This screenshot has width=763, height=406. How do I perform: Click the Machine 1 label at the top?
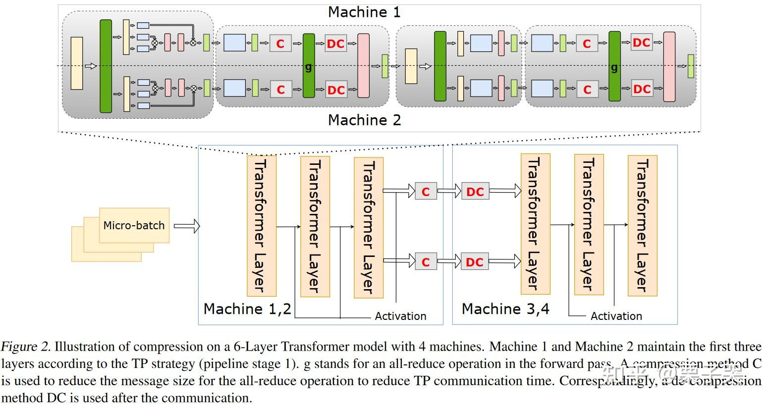tap(364, 12)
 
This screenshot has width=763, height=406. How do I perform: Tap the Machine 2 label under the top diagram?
tap(364, 120)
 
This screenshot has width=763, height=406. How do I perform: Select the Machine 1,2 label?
tap(247, 309)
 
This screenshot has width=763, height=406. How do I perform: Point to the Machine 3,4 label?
tap(505, 309)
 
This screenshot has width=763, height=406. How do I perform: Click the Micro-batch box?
tap(134, 225)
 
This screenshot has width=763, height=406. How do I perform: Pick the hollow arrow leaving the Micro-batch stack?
tap(187, 226)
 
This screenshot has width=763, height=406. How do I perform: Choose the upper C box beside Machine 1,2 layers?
tap(425, 192)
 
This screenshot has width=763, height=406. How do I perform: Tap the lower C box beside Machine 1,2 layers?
tap(425, 262)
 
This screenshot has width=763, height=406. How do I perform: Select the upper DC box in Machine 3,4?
tap(475, 192)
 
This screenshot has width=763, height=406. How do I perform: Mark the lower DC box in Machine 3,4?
tap(475, 262)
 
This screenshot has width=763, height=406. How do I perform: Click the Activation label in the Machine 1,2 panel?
tap(400, 316)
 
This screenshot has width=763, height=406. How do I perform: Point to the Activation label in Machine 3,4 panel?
tap(616, 316)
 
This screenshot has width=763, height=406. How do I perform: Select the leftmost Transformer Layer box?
tap(261, 226)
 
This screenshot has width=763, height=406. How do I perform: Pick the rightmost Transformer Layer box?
tap(642, 226)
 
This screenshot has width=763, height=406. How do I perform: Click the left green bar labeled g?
tap(309, 66)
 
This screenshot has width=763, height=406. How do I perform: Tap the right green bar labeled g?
tap(614, 66)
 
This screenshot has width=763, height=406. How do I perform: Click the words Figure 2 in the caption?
tap(25, 347)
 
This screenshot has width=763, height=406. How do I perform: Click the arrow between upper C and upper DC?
tap(449, 191)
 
